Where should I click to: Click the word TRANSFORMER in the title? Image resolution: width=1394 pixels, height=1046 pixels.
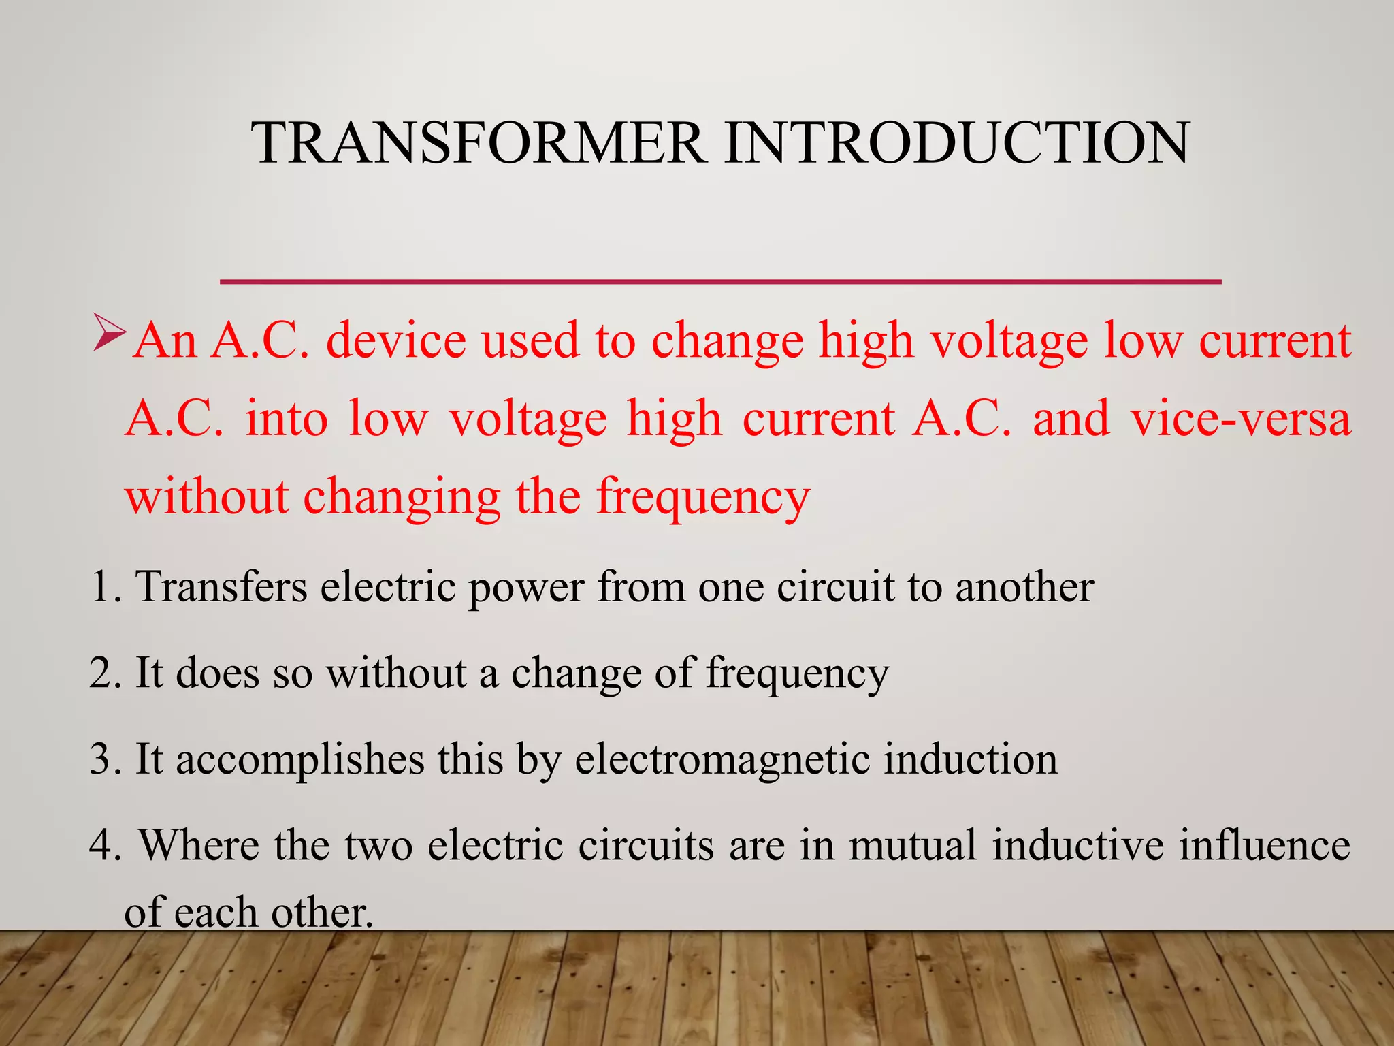[480, 142]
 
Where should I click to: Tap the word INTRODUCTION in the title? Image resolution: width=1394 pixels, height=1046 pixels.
[956, 142]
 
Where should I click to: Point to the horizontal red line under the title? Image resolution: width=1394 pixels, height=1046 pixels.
[720, 281]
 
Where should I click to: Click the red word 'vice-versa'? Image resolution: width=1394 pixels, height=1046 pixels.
[1240, 418]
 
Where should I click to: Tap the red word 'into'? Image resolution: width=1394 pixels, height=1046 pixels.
[287, 418]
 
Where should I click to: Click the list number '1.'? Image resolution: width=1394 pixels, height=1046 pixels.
[106, 586]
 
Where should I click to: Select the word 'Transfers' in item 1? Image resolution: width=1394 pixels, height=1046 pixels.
[221, 586]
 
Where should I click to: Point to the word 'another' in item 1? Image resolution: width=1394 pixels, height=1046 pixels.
[1024, 586]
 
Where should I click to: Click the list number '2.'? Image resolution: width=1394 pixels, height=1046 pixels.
[106, 673]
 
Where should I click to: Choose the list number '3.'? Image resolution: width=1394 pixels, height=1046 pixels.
[106, 759]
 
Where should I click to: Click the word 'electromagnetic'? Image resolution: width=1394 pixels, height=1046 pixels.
[722, 760]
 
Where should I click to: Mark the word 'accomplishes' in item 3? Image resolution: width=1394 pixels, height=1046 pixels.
[299, 760]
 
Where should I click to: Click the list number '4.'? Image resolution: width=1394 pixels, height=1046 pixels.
[106, 845]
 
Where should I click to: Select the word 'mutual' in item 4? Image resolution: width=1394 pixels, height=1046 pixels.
[913, 845]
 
